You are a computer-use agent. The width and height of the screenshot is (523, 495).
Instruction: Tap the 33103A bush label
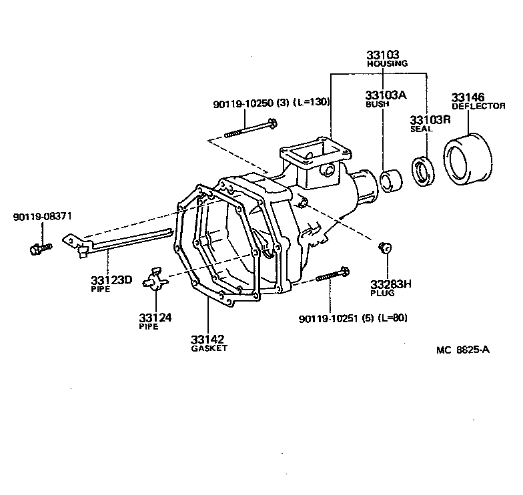385,95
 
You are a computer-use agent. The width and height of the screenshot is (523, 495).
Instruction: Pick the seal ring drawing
422,169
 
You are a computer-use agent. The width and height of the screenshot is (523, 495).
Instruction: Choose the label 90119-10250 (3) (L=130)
272,102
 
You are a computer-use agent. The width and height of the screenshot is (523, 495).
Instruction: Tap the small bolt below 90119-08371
41,249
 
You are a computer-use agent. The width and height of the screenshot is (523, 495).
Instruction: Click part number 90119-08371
43,217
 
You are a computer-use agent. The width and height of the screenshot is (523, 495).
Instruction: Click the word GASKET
209,348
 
